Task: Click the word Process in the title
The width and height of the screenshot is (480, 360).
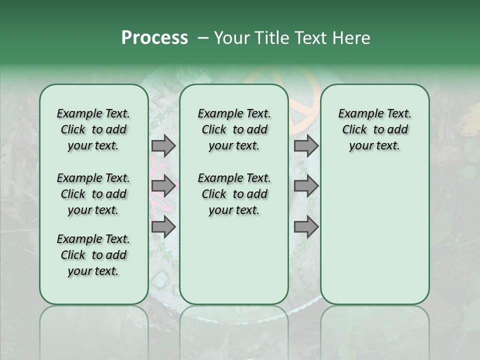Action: pyautogui.click(x=154, y=38)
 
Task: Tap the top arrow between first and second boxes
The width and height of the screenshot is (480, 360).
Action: pyautogui.click(x=163, y=145)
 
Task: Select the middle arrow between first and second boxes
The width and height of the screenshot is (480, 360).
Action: pyautogui.click(x=163, y=186)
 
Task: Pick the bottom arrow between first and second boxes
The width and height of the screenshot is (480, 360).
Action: pyautogui.click(x=163, y=227)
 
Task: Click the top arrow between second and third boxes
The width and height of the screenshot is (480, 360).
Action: pyautogui.click(x=306, y=145)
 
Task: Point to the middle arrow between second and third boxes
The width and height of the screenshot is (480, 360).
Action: pyautogui.click(x=306, y=186)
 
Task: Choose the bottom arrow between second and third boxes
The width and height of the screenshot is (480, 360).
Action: pyautogui.click(x=306, y=227)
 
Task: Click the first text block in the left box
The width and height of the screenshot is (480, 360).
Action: pyautogui.click(x=93, y=129)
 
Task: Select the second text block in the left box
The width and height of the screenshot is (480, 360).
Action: pyautogui.click(x=93, y=194)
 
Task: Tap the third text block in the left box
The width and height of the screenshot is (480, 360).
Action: pyautogui.click(x=93, y=255)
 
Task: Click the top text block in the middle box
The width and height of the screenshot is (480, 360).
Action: pyautogui.click(x=234, y=129)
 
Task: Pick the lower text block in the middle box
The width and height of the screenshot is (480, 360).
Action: pyautogui.click(x=234, y=194)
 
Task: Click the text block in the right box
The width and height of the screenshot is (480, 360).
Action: pyautogui.click(x=374, y=129)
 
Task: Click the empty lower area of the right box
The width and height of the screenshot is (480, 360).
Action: pyautogui.click(x=374, y=240)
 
